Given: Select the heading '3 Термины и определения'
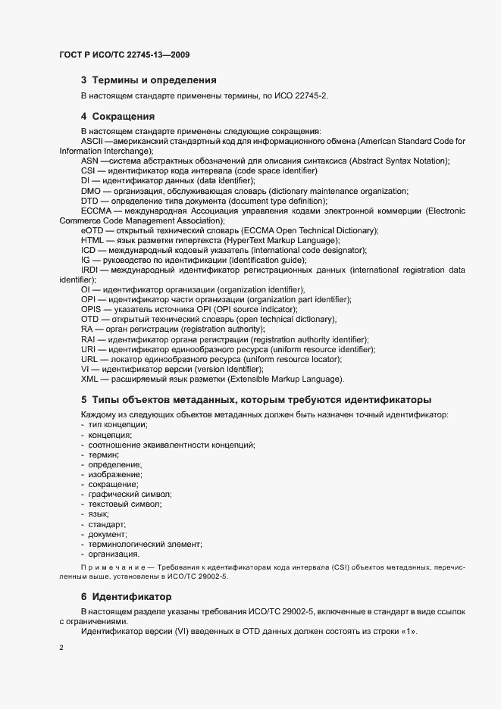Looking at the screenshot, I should click(149, 80).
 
